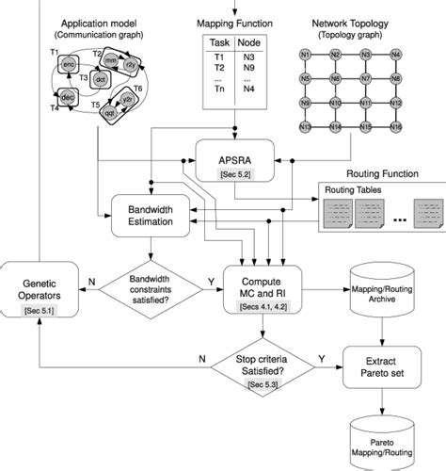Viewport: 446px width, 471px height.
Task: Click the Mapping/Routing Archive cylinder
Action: point(381,287)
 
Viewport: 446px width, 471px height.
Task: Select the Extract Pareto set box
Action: point(381,363)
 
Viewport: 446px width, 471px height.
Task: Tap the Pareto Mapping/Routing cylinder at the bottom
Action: point(381,440)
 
